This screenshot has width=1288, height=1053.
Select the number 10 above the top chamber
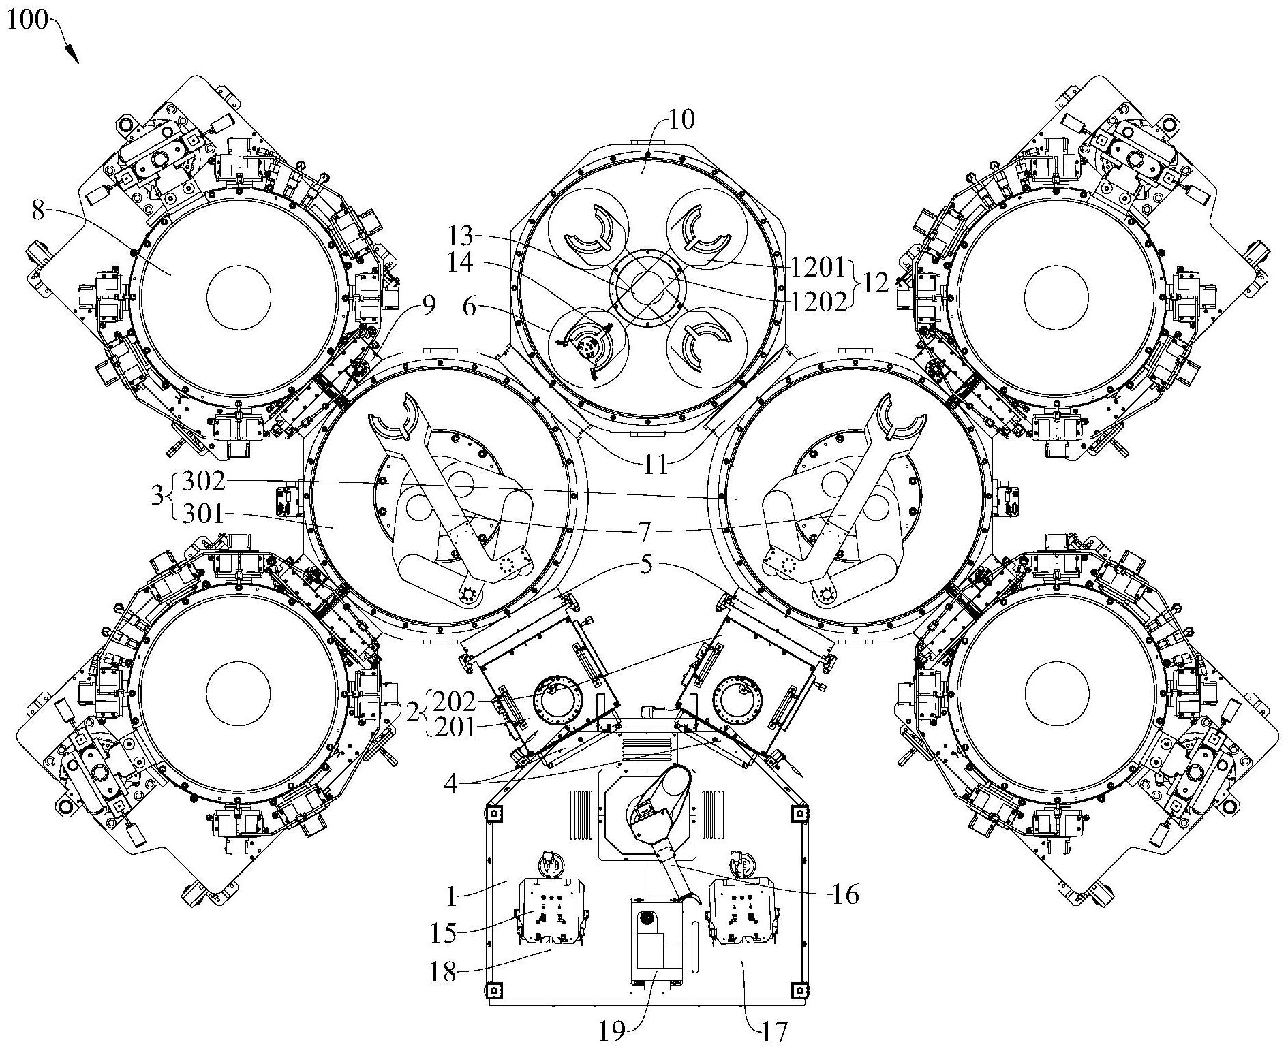681,121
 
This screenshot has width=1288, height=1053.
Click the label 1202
818,300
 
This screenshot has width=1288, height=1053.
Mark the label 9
427,306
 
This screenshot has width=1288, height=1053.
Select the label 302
204,481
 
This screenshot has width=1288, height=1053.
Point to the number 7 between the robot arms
645,529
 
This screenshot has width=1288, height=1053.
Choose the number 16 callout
845,895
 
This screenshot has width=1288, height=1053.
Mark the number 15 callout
442,932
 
